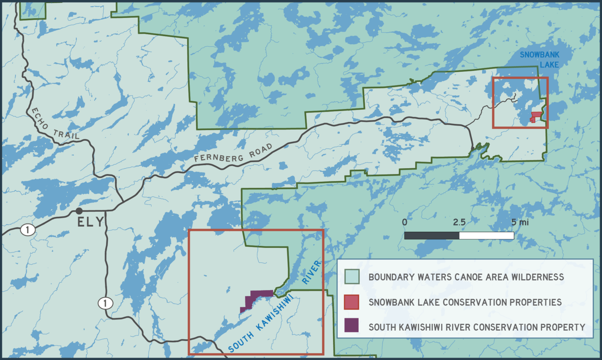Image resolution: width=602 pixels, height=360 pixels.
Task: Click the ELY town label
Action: tap(90, 222)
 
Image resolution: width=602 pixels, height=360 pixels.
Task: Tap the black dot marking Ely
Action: tap(79, 211)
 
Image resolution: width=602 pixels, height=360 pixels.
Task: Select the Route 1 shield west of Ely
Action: tap(27, 229)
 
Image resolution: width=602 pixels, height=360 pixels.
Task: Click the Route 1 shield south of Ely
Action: tap(105, 303)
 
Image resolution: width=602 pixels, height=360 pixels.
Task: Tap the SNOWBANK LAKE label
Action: tap(540, 60)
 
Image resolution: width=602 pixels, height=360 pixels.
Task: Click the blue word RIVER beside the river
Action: tap(312, 272)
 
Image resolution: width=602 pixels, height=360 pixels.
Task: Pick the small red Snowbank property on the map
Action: tap(535, 116)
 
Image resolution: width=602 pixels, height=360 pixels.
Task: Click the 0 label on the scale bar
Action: tap(404, 222)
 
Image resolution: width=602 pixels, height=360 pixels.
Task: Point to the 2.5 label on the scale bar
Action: tap(459, 222)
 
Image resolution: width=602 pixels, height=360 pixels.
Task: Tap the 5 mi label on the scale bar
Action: tap(520, 222)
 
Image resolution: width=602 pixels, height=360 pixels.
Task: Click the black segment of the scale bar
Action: tap(432, 235)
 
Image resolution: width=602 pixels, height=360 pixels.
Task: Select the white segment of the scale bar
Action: tap(486, 235)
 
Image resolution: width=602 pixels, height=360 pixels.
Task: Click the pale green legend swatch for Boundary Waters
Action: tap(352, 277)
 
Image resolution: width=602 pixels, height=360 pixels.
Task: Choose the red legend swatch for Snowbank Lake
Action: tap(352, 302)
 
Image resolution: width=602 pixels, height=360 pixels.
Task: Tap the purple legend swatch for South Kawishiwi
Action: tap(352, 325)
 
